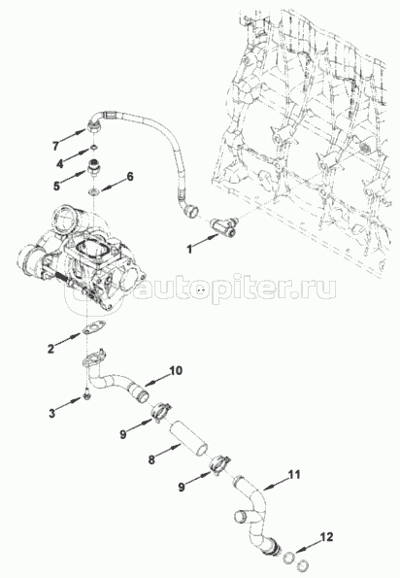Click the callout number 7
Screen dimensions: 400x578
point(55,146)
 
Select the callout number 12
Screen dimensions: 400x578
point(327,537)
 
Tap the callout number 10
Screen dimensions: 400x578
point(176,370)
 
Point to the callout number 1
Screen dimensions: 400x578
point(189,250)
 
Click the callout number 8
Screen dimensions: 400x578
point(151,460)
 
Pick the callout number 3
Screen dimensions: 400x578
point(51,413)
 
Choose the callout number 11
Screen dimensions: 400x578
point(293,474)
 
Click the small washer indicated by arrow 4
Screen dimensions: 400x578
point(93,148)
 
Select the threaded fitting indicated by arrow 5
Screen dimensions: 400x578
point(95,167)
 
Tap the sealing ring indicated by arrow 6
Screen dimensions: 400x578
point(94,191)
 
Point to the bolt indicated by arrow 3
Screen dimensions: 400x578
point(87,394)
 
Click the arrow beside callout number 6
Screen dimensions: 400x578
point(112,186)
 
